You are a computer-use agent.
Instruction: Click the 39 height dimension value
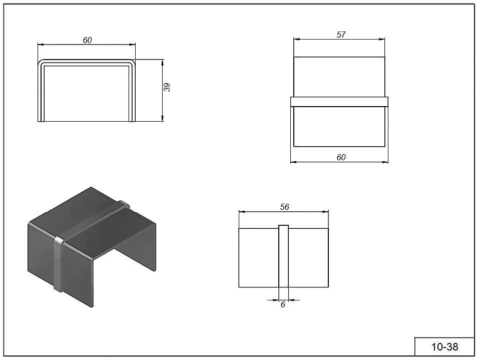[x=167, y=88]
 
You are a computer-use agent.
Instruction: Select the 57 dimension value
[x=341, y=35]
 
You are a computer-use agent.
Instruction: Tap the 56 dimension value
[x=284, y=207]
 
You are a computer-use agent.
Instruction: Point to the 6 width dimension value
[x=283, y=305]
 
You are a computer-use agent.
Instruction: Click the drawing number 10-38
[x=444, y=347]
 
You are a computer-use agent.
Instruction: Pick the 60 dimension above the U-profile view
[x=88, y=40]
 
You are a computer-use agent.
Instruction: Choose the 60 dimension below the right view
[x=341, y=157]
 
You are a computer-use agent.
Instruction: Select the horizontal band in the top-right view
[x=339, y=102]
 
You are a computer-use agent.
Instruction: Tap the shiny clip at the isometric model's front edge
[x=59, y=263]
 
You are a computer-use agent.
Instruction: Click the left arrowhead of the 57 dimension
[x=297, y=39]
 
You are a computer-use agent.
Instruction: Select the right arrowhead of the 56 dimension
[x=325, y=211]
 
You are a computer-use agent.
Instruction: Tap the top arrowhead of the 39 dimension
[x=163, y=63]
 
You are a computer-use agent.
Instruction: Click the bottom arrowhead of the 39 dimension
[x=163, y=118]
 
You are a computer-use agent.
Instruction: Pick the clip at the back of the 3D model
[x=124, y=204]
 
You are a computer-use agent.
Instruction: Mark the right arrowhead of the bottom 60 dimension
[x=385, y=162]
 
